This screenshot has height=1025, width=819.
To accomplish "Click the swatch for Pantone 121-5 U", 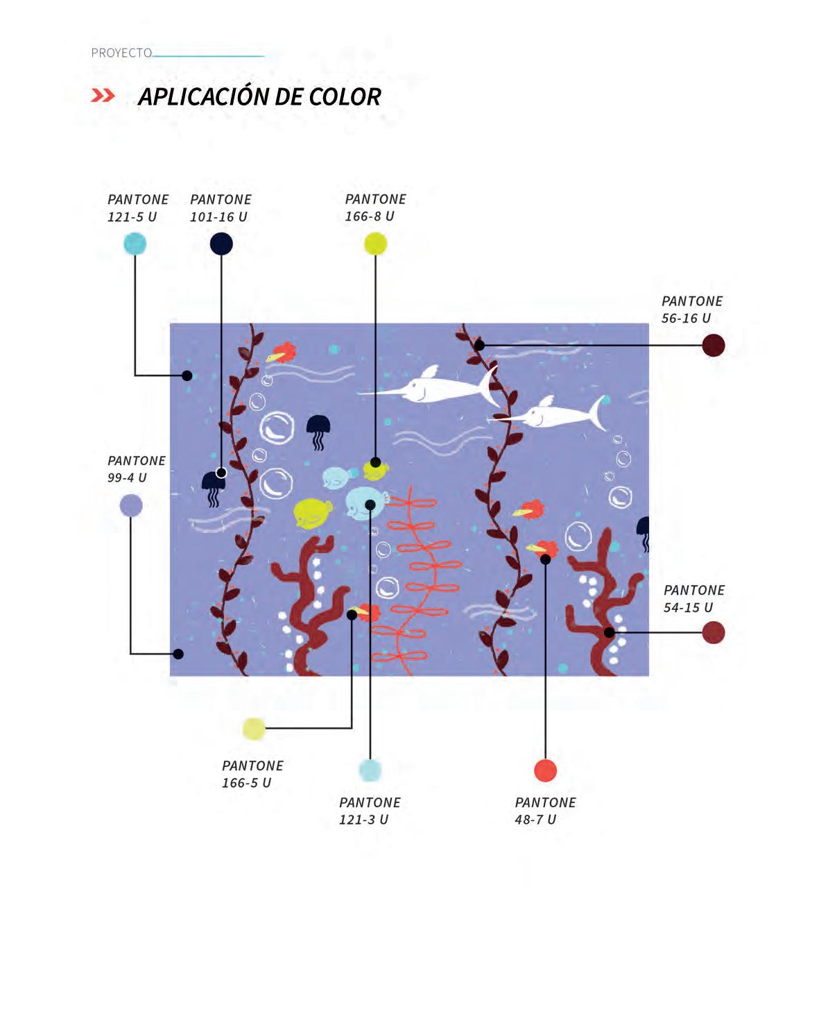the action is point(135,244).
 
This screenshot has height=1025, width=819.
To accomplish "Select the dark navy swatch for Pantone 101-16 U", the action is point(221,244).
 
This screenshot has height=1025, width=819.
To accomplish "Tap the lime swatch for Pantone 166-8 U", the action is point(375,244).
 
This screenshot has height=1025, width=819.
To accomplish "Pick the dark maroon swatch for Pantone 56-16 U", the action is point(713,345).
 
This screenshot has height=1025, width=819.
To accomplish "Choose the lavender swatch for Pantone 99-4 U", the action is point(131,505).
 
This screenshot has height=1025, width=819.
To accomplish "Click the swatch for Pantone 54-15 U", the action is point(713,632).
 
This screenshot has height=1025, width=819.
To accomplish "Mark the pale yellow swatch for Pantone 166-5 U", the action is point(254,728).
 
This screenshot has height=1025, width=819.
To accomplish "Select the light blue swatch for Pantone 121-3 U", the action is point(370,770).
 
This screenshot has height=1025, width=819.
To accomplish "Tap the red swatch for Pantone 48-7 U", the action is point(545,770).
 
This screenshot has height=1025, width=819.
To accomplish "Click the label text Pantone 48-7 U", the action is point(544,811).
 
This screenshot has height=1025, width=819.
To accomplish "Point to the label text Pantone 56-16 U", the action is point(691,310).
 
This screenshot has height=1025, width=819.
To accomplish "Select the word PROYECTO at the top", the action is point(121,53).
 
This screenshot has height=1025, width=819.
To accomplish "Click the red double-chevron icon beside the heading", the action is point(103,96).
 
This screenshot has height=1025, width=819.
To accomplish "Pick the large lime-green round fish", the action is point(312,512).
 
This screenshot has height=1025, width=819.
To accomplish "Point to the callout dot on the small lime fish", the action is point(375,462).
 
